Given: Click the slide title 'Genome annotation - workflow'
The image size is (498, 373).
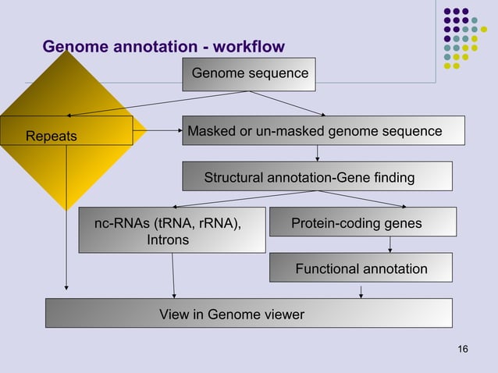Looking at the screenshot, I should pyautogui.click(x=163, y=47).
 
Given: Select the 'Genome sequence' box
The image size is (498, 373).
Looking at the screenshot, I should pyautogui.click(x=249, y=74).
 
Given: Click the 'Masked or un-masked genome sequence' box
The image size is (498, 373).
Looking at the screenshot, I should pyautogui.click(x=323, y=130).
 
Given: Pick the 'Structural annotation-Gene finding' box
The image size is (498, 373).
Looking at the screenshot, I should pyautogui.click(x=317, y=177).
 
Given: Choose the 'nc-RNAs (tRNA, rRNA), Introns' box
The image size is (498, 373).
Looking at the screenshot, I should pyautogui.click(x=172, y=231).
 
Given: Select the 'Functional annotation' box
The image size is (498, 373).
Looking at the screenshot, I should pyautogui.click(x=361, y=268).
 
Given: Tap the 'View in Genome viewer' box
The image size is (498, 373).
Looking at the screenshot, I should pyautogui.click(x=248, y=314).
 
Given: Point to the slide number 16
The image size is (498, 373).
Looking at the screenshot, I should pyautogui.click(x=463, y=348).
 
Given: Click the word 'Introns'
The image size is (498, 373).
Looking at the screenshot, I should pyautogui.click(x=168, y=240).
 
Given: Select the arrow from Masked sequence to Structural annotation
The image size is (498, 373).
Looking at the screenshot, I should pyautogui.click(x=317, y=153).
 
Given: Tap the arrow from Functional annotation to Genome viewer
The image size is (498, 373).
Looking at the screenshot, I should pyautogui.click(x=361, y=290).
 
